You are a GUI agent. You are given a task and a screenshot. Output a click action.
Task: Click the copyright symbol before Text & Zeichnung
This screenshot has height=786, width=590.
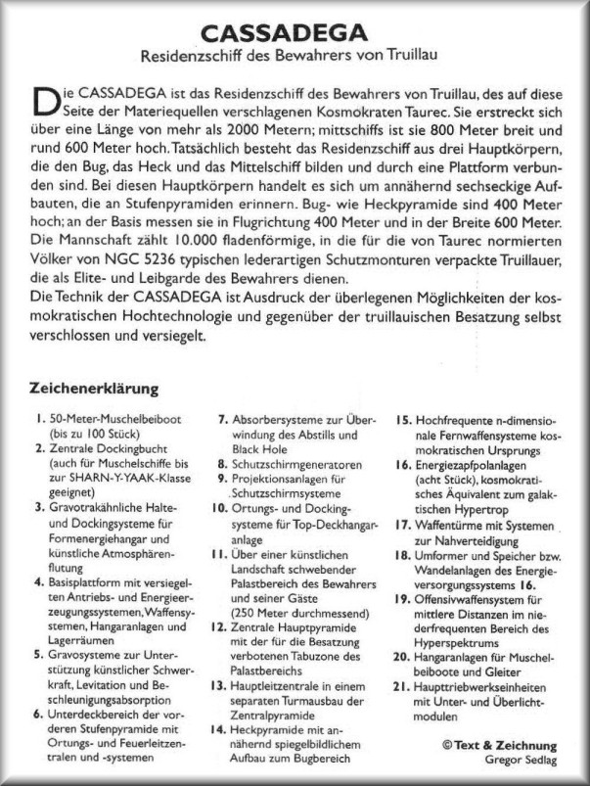446,744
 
